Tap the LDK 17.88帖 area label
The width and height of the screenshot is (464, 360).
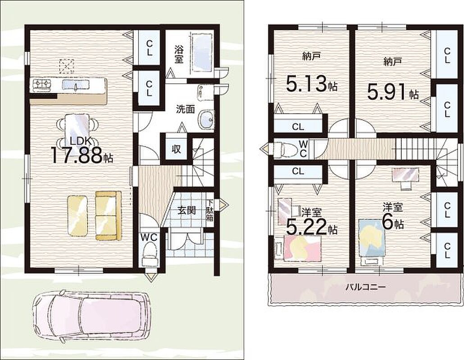pyautogui.click(x=82, y=150)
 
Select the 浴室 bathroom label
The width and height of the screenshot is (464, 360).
pyautogui.click(x=178, y=54)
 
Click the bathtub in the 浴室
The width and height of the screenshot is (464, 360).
pyautogui.click(x=202, y=53)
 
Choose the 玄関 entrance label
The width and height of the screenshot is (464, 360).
pyautogui.click(x=187, y=210)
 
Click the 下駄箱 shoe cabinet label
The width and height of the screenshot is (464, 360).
pyautogui.click(x=210, y=211)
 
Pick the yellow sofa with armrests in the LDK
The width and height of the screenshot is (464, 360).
pyautogui.click(x=108, y=216)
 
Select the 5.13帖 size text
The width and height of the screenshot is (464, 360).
pyautogui.click(x=312, y=84)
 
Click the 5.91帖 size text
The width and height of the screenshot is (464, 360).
pyautogui.click(x=393, y=92)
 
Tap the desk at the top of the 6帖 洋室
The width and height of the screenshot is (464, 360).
pyautogui.click(x=405, y=174)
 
